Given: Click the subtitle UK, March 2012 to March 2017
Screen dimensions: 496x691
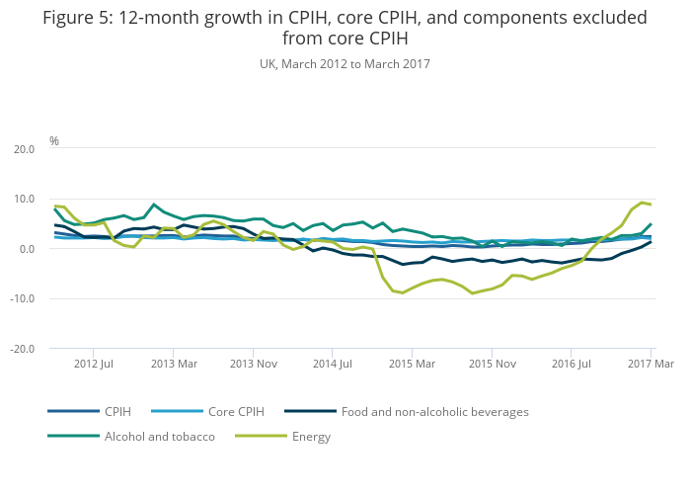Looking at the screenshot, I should point(345,64).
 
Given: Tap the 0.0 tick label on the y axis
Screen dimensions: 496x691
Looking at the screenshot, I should point(26,249).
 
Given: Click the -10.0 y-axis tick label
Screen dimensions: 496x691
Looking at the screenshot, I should point(21,299).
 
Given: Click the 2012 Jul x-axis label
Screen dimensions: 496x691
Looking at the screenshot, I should point(93,364).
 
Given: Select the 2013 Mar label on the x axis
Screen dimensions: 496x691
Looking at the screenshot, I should point(174,364).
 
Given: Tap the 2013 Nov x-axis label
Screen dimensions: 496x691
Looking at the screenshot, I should point(254,364).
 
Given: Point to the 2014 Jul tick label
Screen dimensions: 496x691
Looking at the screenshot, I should point(333,364).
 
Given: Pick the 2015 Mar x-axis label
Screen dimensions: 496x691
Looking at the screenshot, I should point(413,364).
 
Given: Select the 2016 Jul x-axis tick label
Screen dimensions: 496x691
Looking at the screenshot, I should point(573,364).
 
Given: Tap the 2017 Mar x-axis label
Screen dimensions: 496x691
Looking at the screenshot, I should point(652,364).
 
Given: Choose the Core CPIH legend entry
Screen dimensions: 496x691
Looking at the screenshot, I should point(235,412).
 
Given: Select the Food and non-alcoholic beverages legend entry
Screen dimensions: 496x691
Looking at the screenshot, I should point(435,412).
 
